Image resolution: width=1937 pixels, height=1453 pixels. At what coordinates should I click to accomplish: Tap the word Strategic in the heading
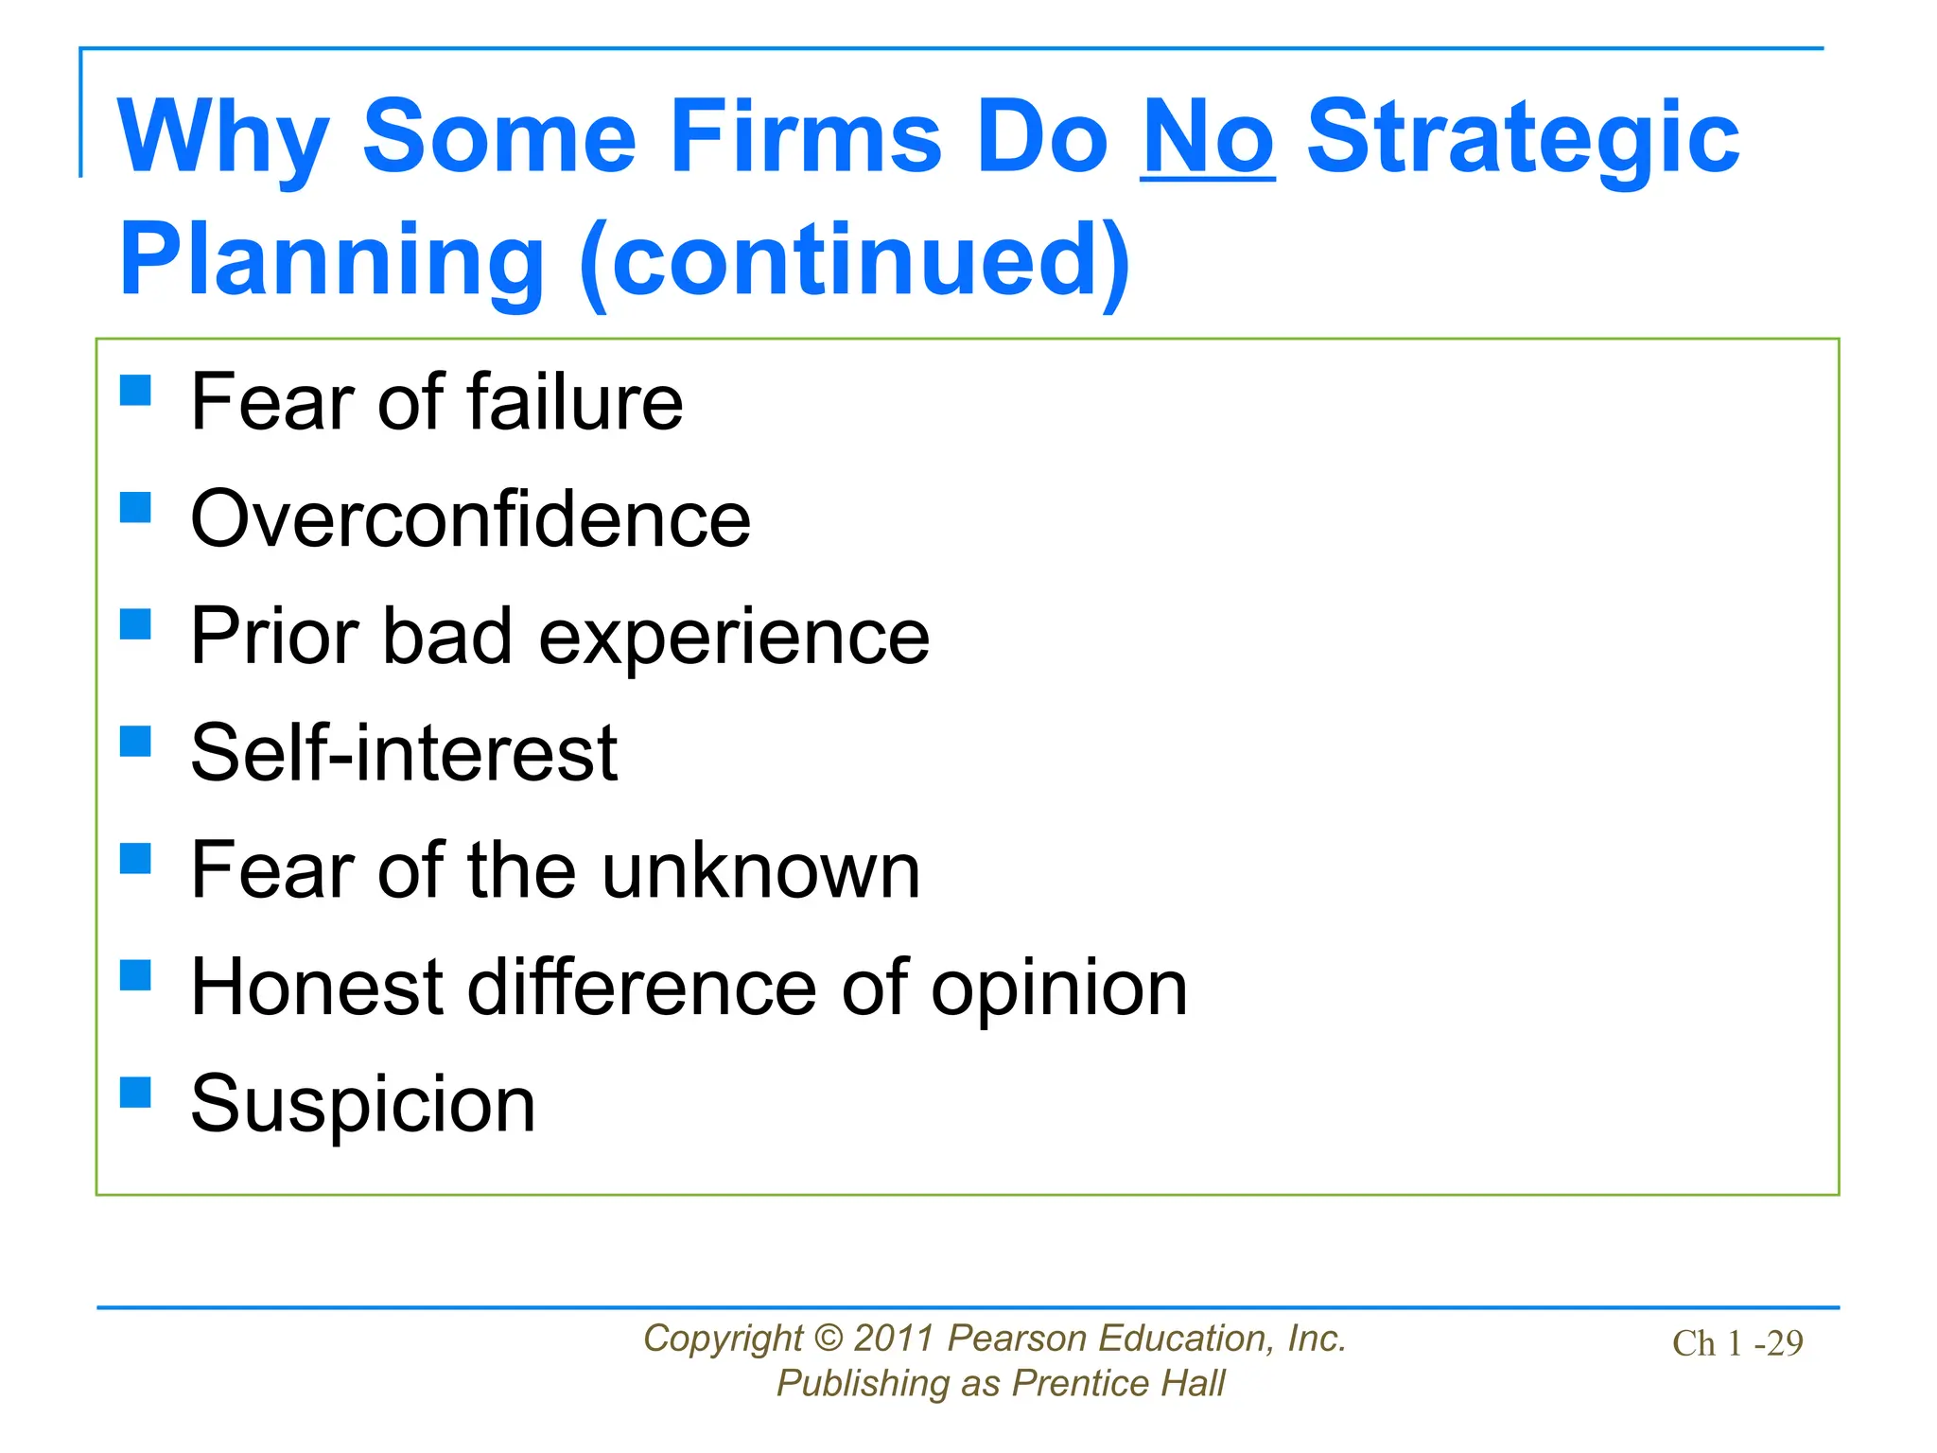pyautogui.click(x=1523, y=140)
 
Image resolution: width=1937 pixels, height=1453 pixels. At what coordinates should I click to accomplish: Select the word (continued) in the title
pyautogui.click(x=855, y=260)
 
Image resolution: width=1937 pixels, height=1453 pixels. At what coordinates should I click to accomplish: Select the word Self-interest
pyautogui.click(x=404, y=753)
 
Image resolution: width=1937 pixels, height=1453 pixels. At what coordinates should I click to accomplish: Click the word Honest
pyautogui.click(x=317, y=988)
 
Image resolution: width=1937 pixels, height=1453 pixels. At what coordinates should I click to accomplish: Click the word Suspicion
pyautogui.click(x=363, y=1104)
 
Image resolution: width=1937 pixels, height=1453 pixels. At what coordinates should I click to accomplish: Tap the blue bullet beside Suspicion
pyautogui.click(x=136, y=1093)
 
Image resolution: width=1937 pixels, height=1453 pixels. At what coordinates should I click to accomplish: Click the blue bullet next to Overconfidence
pyautogui.click(x=136, y=507)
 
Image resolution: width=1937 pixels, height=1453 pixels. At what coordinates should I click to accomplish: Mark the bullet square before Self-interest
pyautogui.click(x=136, y=742)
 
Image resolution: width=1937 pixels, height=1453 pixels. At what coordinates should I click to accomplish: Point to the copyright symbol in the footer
pyautogui.click(x=828, y=1339)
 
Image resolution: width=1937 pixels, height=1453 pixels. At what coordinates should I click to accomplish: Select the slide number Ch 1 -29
pyautogui.click(x=1737, y=1343)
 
